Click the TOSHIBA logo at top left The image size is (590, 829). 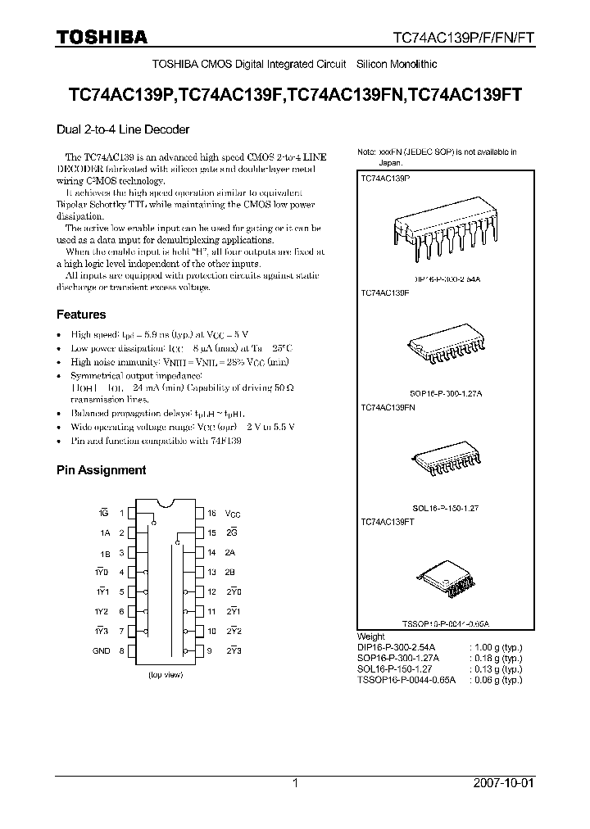(102, 36)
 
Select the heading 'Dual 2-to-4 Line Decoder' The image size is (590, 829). (123, 129)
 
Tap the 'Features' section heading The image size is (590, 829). (81, 315)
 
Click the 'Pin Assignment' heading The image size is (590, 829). (101, 470)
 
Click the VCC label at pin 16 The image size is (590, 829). (234, 514)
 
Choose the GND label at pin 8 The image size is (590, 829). (101, 650)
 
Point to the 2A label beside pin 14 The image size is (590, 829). (231, 553)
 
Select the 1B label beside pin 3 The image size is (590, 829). (105, 553)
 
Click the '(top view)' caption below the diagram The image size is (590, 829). (166, 676)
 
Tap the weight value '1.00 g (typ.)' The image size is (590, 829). (495, 646)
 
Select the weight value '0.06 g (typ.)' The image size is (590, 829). (495, 679)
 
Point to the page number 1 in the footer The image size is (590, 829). (294, 783)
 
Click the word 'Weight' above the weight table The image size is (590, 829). (371, 636)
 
